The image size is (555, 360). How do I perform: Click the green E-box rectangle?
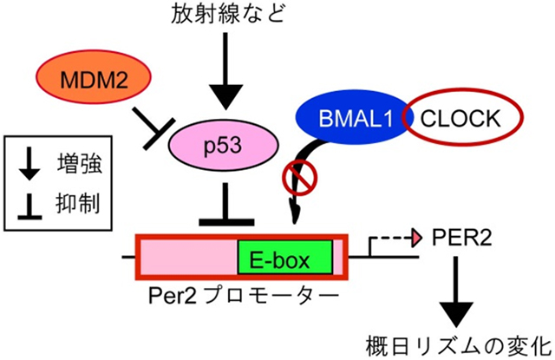(x=283, y=257)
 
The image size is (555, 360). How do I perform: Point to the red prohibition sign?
(x=300, y=180)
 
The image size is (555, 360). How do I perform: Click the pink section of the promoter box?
(x=186, y=257)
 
